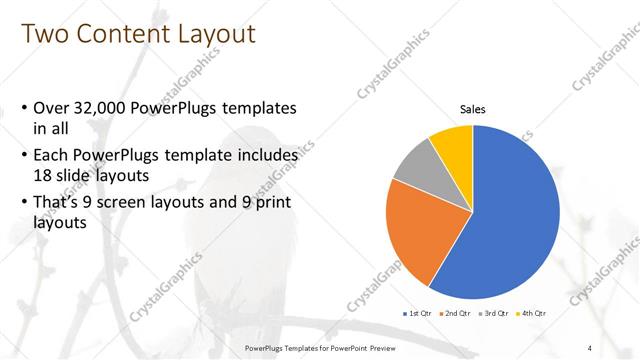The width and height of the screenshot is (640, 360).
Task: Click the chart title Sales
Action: click(473, 109)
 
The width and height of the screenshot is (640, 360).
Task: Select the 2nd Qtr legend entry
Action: click(456, 313)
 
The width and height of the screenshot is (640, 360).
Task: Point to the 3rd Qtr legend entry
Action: click(495, 313)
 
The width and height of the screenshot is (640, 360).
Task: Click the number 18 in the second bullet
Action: click(45, 174)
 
